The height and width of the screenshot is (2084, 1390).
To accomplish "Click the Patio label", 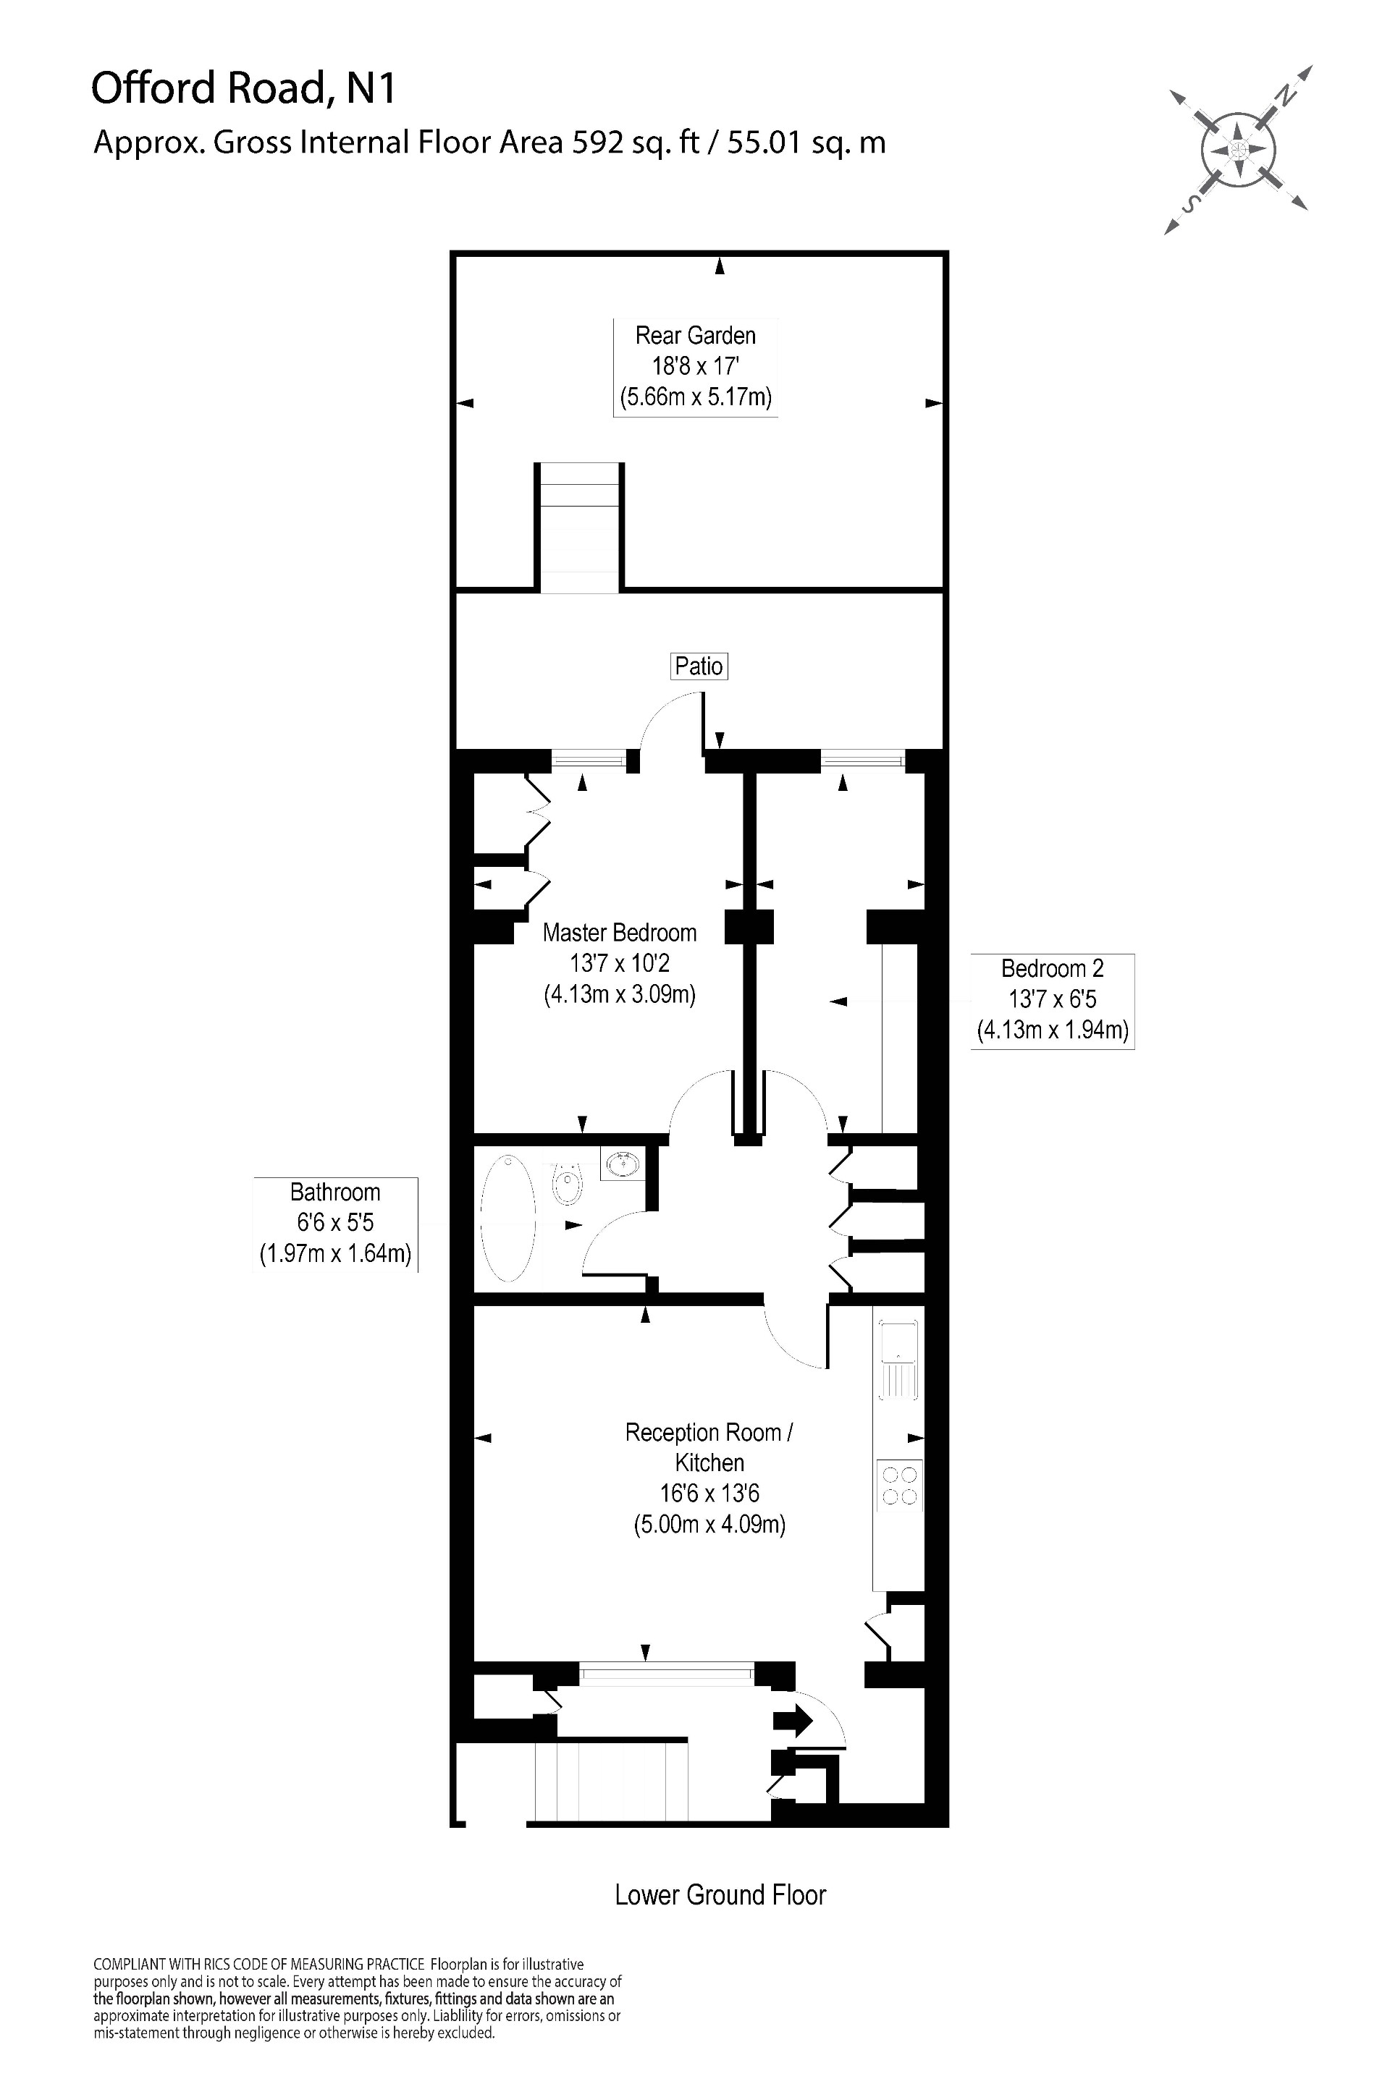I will pyautogui.click(x=699, y=666).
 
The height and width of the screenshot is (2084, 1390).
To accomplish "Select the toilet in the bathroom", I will pyautogui.click(x=568, y=1184).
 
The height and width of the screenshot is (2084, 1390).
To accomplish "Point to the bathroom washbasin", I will pyautogui.click(x=623, y=1163).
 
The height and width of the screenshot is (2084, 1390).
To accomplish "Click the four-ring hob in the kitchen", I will pyautogui.click(x=899, y=1485).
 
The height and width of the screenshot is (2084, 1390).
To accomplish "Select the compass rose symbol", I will pyautogui.click(x=1239, y=149).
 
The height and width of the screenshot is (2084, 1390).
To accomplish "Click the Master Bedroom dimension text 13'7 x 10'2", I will pyautogui.click(x=620, y=963).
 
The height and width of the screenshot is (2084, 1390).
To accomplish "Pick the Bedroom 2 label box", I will pyautogui.click(x=1052, y=1000).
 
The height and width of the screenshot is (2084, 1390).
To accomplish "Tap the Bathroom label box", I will pyautogui.click(x=335, y=1224).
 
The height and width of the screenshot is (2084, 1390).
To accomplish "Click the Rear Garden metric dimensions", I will pyautogui.click(x=696, y=397).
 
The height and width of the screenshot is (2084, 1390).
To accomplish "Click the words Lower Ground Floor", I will pyautogui.click(x=720, y=1895).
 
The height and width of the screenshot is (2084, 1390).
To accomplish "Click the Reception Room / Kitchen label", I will pyautogui.click(x=709, y=1447).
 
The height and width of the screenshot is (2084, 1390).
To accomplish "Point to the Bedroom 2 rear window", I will pyautogui.click(x=862, y=758).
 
